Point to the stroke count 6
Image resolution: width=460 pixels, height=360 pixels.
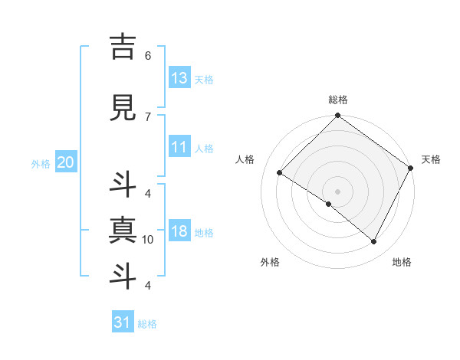click(147, 56)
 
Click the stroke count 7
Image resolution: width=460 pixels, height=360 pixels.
click(147, 116)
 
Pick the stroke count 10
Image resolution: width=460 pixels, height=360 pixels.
click(147, 240)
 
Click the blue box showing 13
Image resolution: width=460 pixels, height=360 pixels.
click(179, 78)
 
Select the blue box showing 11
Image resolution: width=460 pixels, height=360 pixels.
click(179, 147)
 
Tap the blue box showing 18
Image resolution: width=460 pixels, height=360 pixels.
click(179, 231)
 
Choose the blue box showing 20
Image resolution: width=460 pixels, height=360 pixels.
click(66, 162)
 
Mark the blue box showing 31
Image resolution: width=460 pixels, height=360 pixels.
click(123, 322)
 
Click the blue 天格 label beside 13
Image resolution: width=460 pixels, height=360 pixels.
click(204, 80)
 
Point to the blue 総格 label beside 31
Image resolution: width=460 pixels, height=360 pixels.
click(147, 324)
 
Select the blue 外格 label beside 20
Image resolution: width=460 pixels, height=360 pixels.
click(41, 163)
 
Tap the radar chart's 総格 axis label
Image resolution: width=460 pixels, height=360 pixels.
click(337, 100)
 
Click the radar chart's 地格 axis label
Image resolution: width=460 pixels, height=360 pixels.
click(402, 263)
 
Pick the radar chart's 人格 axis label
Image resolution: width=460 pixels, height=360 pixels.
click(245, 159)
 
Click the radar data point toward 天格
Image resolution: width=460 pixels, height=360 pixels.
click(411, 168)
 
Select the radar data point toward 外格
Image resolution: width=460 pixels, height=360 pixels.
click(329, 205)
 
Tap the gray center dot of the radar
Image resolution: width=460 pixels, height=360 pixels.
click(337, 191)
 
